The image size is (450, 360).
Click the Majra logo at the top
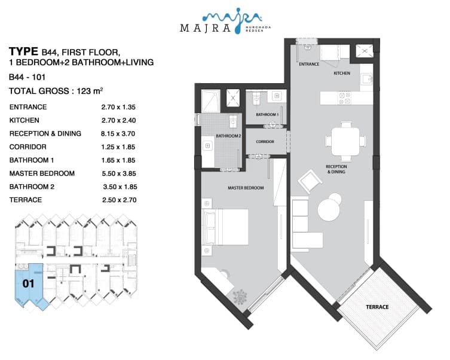[x=225, y=21]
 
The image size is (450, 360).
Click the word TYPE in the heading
[x=23, y=51]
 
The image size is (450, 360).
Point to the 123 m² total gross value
[x=90, y=91]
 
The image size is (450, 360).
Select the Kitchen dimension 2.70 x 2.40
[x=118, y=120]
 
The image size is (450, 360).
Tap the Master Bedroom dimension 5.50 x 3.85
[x=119, y=173]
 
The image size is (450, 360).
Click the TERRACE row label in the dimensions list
[x=26, y=200]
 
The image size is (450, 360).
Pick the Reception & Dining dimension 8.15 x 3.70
[x=118, y=133]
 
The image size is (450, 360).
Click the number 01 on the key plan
[x=29, y=283]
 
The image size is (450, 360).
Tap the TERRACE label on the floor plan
[x=377, y=307]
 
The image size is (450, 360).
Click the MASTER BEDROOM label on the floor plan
[x=246, y=188]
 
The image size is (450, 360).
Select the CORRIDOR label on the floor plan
[x=265, y=142]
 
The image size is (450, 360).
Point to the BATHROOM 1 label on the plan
[x=267, y=115]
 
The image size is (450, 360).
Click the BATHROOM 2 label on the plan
[x=228, y=136]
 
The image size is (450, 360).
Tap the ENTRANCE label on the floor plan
[x=309, y=64]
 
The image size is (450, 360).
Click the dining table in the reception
[x=345, y=142]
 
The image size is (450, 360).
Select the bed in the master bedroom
[x=225, y=227]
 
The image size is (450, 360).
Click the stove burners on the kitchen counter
[x=344, y=98]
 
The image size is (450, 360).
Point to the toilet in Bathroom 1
[x=256, y=98]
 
